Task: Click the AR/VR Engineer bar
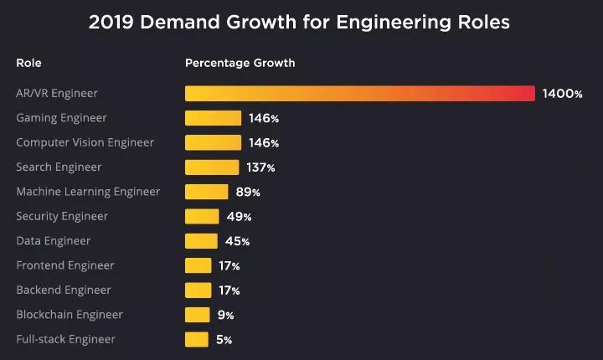coord(360,94)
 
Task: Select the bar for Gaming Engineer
coord(213,118)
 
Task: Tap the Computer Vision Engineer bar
coord(213,142)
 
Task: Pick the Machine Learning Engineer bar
coord(207,192)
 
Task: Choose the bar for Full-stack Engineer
coord(197,340)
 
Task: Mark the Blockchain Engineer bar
coord(198,315)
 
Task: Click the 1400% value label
coord(562,94)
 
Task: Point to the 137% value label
coord(260,167)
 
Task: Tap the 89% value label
coord(248,193)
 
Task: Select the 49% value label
coord(239,217)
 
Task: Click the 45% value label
coord(237,242)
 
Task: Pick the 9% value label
coord(226,316)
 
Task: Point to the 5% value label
coord(224,340)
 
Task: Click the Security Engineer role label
coord(62,217)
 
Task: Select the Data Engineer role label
coord(54,241)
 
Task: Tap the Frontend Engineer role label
coord(65,265)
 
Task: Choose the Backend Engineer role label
coord(64,290)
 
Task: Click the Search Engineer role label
coord(59,167)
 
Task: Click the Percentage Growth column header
coord(240,63)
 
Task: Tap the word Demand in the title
coord(180,22)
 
